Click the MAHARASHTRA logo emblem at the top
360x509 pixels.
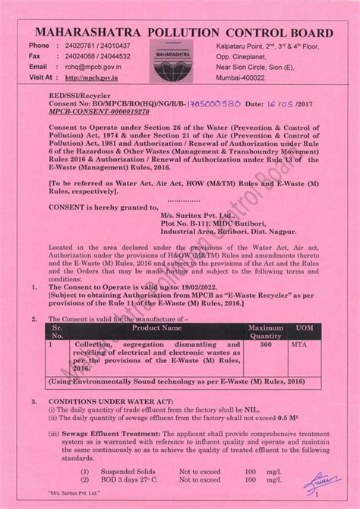(173, 60)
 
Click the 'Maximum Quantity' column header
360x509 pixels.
(266, 332)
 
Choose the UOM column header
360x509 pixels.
(305, 328)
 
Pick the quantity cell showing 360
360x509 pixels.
(266, 344)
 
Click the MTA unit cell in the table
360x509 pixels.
(299, 344)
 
